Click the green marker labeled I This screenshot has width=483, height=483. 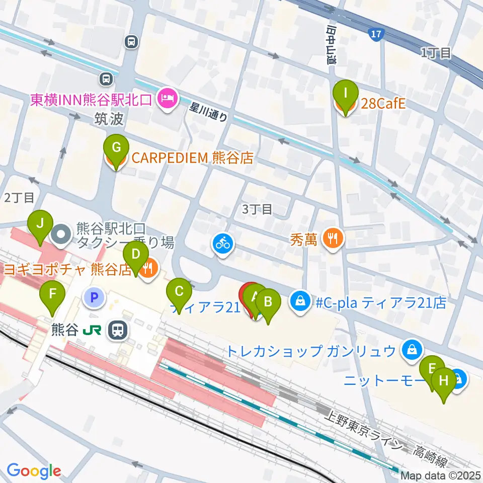click(346, 94)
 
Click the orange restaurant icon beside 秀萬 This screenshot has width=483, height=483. click(332, 237)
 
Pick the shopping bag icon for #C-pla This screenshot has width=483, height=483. click(300, 302)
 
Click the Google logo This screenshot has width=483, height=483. click(34, 470)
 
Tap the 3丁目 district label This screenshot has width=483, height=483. click(257, 209)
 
